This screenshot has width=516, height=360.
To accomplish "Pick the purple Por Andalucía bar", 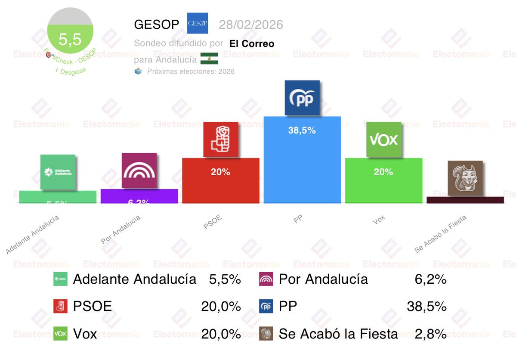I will (139, 196).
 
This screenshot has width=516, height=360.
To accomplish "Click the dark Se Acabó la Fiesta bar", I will (465, 200).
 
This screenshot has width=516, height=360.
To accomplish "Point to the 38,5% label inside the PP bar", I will (302, 130).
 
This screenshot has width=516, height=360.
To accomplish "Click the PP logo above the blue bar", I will (303, 98).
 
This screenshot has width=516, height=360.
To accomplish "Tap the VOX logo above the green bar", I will (384, 140).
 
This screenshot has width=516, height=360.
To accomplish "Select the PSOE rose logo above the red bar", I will (221, 139).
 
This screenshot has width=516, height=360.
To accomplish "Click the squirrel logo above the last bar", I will (465, 178).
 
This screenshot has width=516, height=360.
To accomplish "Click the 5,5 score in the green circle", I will (70, 40).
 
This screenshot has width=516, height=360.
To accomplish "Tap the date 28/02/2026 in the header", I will (251, 25).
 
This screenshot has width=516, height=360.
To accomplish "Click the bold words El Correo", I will (252, 43).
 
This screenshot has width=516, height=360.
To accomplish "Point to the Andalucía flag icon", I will (209, 59).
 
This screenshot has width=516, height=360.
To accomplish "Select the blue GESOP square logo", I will (198, 23).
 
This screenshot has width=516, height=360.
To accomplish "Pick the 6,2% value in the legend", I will (431, 279).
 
